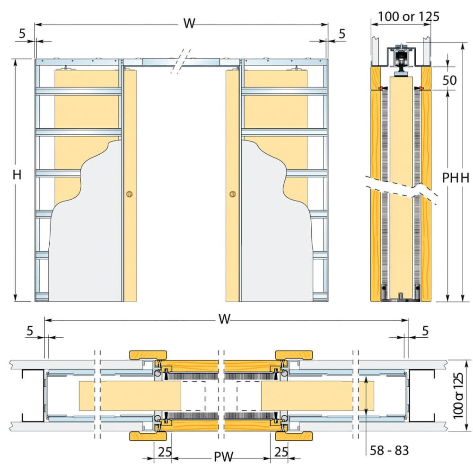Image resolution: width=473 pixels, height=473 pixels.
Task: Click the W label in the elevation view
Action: point(189,24)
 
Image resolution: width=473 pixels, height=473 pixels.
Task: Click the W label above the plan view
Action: point(225,320)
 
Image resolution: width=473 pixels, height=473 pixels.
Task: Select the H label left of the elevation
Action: point(17,175)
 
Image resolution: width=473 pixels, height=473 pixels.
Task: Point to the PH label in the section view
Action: point(450,178)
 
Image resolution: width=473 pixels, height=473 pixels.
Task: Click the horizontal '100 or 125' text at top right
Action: point(409,16)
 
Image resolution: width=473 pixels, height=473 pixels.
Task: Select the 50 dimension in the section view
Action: point(449,80)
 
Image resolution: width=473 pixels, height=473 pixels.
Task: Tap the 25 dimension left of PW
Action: point(164,452)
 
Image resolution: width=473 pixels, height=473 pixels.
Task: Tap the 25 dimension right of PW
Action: point(280,452)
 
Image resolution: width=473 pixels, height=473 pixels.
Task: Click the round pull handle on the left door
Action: point(129,193)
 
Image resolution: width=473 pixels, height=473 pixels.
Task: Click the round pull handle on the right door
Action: point(232,193)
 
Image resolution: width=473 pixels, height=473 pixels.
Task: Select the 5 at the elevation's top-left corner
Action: point(22,34)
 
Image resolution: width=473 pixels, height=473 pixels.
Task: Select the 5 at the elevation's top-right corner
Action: point(342,34)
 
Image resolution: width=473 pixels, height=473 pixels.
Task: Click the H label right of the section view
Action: point(464,178)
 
